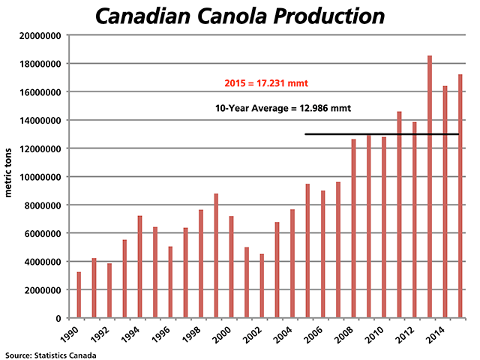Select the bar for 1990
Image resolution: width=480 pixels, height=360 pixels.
pos(79,295)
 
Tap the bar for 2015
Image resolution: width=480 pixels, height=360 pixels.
pos(460,196)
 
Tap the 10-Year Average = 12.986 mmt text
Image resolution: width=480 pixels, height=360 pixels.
pos(283,109)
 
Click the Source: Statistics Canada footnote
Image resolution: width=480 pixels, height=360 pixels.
pos(50,353)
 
